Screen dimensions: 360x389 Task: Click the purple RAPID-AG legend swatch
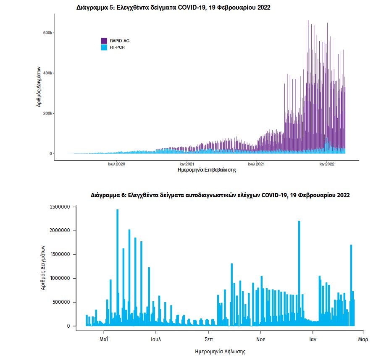point(104,41)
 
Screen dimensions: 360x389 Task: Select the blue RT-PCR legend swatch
point(104,47)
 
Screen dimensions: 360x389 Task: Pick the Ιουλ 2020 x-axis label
point(116,164)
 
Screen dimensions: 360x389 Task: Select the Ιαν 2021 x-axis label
point(187,164)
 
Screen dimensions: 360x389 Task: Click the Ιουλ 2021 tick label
point(255,164)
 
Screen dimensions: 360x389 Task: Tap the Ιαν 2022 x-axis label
point(326,164)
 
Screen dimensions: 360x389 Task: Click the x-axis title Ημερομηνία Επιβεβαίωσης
point(207,170)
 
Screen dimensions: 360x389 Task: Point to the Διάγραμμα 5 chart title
point(173,8)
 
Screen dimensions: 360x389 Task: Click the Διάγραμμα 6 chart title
point(220,195)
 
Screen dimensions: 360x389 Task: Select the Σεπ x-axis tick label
point(208,339)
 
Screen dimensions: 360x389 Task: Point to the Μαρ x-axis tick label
point(363,339)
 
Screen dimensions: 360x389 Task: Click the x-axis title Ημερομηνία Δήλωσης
point(220,351)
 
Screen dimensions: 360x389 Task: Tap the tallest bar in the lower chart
point(117,269)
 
